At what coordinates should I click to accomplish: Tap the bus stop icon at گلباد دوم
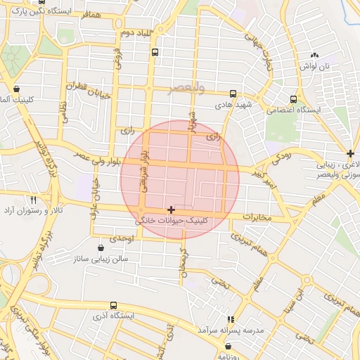[155, 52]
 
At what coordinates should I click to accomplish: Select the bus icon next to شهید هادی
[233, 94]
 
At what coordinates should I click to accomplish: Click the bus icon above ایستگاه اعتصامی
[293, 99]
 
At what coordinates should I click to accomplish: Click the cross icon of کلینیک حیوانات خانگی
[172, 210]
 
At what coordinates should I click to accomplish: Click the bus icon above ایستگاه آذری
[114, 306]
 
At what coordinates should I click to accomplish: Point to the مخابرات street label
[257, 217]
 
